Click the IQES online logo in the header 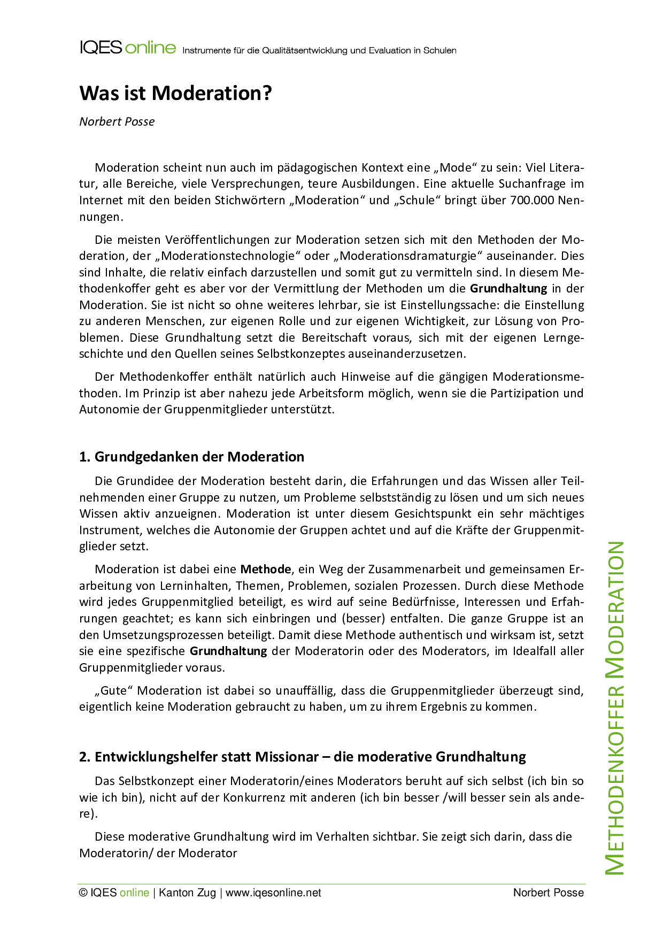[127, 48]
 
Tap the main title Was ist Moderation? [175, 93]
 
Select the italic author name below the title [117, 122]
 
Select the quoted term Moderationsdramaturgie [410, 256]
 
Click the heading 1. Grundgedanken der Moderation [191, 457]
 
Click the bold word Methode [266, 570]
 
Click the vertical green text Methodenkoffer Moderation [615, 708]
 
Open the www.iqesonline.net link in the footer [273, 893]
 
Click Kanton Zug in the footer [187, 893]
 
